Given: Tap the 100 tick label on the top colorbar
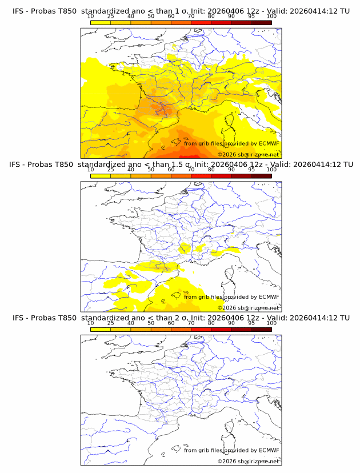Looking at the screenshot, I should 271,16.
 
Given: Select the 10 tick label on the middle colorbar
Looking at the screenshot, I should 90,170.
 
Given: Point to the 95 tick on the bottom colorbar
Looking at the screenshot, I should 251,323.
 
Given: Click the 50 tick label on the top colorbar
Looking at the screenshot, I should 151,16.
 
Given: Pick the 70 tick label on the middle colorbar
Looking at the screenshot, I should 191,170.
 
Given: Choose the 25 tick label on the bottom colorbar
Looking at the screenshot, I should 110,323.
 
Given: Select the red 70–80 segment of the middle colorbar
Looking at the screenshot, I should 201,176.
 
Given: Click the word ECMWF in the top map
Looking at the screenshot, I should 269,143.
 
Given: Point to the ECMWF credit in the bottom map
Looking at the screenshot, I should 269,450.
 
